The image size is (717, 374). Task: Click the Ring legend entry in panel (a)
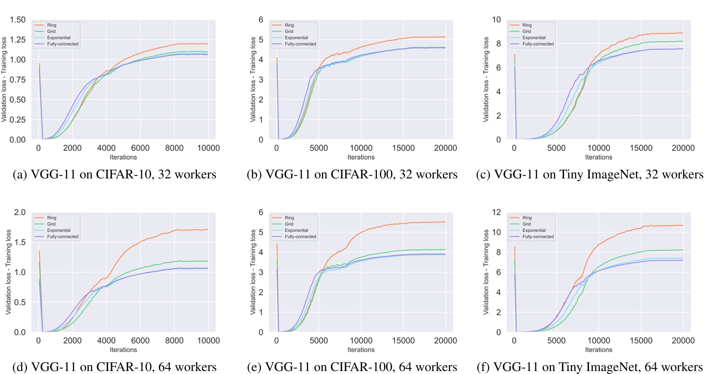[52, 25]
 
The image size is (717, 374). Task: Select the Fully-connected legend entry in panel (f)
[538, 237]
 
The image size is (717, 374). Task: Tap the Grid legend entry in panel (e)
[289, 224]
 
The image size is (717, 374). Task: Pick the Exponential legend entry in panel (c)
[534, 38]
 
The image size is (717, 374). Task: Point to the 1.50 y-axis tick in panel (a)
[18, 20]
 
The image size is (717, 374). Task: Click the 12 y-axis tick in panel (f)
[496, 212]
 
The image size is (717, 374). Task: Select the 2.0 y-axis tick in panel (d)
[20, 212]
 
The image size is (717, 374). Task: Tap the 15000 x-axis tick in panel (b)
[403, 148]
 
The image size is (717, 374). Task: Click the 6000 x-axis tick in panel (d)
[140, 341]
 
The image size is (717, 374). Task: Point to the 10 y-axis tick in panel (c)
[496, 20]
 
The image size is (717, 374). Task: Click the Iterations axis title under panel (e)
[361, 350]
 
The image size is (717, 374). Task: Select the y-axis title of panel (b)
[253, 80]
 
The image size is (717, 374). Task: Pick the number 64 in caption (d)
[165, 367]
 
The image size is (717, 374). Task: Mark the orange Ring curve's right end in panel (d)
[207, 230]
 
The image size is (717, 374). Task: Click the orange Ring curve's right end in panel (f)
[683, 225]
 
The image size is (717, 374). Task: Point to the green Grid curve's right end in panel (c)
[683, 41]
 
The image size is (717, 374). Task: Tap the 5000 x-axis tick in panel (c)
[556, 148]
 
